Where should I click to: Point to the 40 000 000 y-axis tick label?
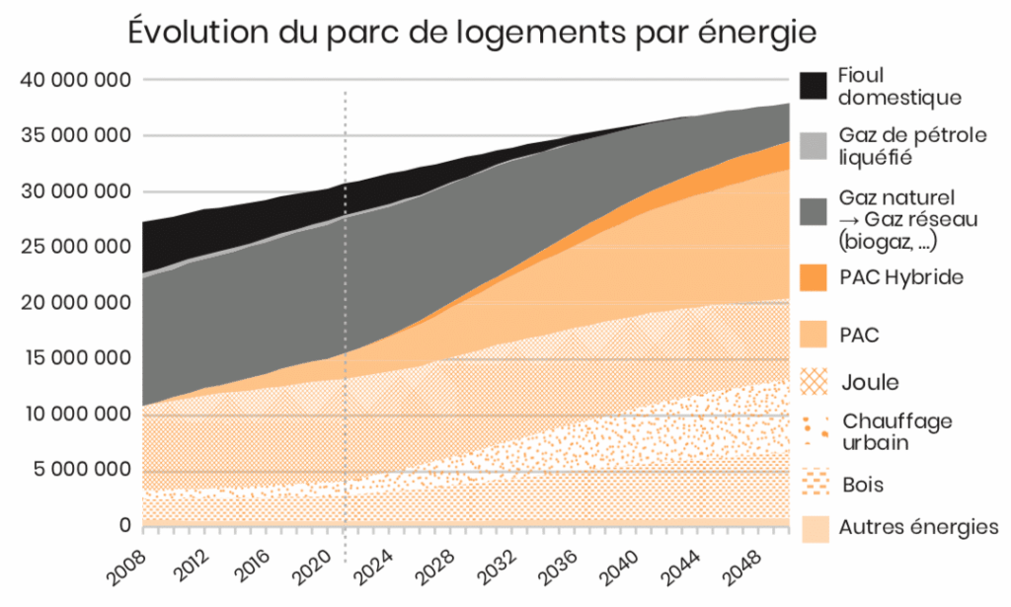click(x=76, y=80)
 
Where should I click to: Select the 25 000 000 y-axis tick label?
click(x=76, y=247)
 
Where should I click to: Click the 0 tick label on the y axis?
click(x=124, y=526)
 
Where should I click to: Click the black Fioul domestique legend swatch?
click(x=814, y=86)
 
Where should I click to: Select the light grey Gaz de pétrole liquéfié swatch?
click(x=814, y=146)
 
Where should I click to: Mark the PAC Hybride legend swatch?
click(x=814, y=277)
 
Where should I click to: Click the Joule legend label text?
click(x=870, y=382)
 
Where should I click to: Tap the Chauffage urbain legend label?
click(x=896, y=432)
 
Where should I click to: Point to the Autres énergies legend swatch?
click(x=814, y=529)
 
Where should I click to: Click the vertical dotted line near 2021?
click(x=345, y=296)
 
